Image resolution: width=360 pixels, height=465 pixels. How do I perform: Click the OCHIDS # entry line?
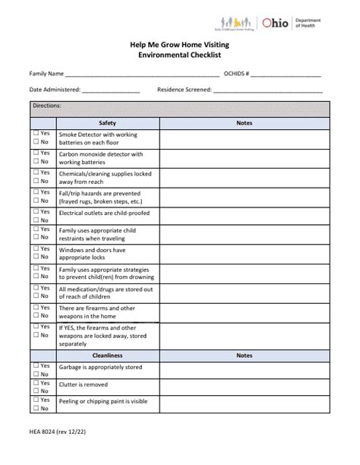coord(286,74)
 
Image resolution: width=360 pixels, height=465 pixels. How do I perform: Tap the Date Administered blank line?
coord(111,90)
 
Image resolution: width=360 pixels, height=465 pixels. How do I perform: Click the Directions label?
coord(46,106)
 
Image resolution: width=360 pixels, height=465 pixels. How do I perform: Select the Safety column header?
coord(107,122)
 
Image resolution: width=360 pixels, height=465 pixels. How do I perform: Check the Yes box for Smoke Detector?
coord(36,133)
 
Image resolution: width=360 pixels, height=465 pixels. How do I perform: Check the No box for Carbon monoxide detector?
coord(36,162)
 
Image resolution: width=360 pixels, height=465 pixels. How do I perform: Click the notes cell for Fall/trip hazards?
coord(244,198)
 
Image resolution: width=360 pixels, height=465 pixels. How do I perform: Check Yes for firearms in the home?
coord(36,307)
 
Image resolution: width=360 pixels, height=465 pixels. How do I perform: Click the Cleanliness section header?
coord(107,355)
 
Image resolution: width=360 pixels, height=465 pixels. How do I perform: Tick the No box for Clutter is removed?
coord(36,390)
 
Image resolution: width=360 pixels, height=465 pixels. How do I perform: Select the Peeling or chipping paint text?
coord(103,401)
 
